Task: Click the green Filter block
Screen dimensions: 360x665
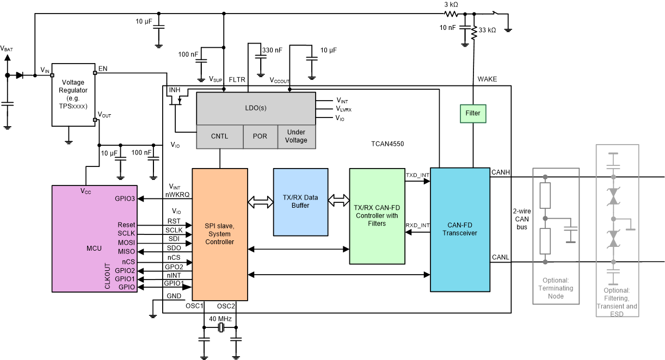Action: tap(472, 114)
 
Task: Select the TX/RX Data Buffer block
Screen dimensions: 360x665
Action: tap(300, 202)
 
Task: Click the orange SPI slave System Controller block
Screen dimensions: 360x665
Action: tap(219, 234)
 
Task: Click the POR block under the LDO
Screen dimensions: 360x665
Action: tap(260, 136)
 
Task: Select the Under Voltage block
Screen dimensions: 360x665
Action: tap(296, 136)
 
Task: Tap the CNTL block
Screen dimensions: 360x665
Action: tap(219, 136)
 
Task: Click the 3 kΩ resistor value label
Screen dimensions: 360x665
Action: tap(451, 4)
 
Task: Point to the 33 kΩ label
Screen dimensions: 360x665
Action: tap(487, 30)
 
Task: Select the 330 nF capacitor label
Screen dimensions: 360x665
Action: tap(272, 50)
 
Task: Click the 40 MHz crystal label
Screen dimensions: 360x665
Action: tap(221, 319)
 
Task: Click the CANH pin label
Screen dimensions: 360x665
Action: tap(501, 172)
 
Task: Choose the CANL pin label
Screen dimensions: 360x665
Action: tap(501, 257)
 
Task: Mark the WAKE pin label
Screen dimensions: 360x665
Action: tap(487, 79)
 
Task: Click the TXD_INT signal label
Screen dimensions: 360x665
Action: tap(417, 175)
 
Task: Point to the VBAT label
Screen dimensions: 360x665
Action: tap(7, 48)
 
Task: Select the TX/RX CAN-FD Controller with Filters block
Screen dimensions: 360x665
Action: tap(377, 216)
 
